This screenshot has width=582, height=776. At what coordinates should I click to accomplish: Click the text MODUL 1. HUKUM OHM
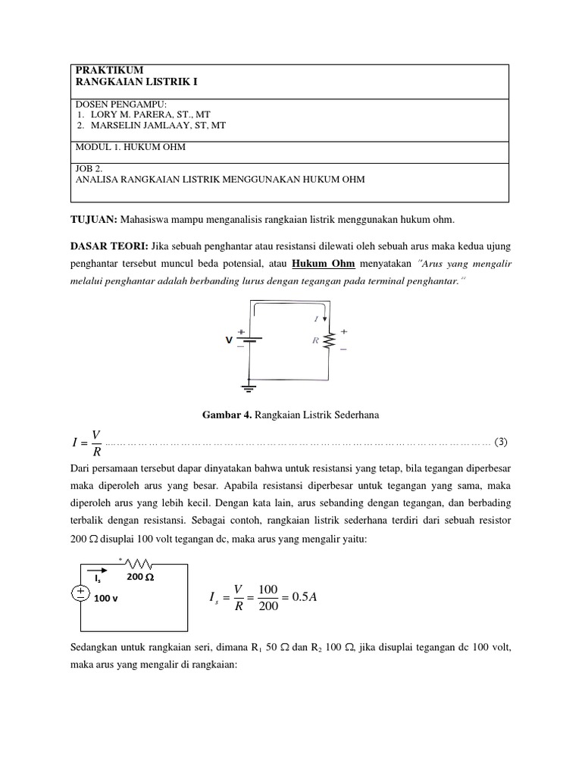point(130,147)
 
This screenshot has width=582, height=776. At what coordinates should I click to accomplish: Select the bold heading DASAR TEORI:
point(109,246)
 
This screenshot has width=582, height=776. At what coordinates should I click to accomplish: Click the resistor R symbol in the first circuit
point(329,341)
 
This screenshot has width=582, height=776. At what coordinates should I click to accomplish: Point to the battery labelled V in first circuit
point(250,339)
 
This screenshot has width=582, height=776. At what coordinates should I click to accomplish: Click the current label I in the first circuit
point(316,320)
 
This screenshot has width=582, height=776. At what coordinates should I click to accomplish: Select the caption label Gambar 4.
point(226,415)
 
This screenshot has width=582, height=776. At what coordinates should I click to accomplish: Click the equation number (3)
point(501,440)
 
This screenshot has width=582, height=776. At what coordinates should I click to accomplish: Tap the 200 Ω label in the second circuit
point(140,577)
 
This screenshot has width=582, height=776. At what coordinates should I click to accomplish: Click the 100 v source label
point(107,598)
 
